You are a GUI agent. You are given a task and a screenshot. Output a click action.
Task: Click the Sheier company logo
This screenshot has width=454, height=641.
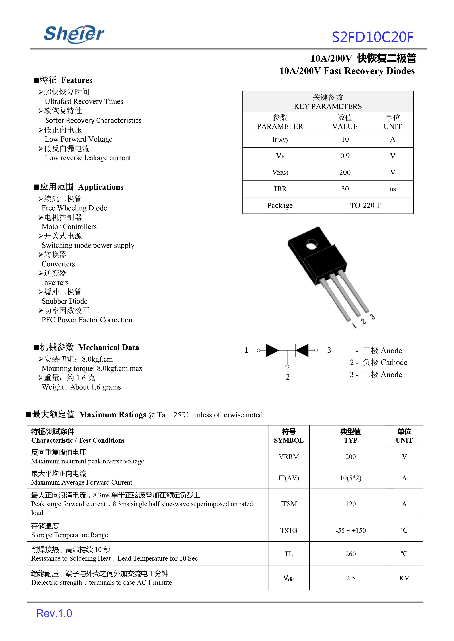pos(74,34)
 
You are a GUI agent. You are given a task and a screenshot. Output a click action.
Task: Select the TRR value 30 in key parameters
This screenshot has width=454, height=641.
pos(345,189)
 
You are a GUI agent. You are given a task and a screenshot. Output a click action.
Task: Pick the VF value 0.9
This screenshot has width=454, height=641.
pos(345,156)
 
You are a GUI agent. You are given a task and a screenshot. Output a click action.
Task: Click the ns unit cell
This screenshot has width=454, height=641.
pos(392,189)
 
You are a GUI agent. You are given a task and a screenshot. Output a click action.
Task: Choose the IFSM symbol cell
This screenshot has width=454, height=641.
pos(289,504)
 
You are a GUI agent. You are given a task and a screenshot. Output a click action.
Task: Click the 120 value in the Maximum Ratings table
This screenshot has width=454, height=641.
pos(350,504)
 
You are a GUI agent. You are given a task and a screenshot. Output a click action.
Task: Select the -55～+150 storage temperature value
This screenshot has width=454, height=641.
pos(350,530)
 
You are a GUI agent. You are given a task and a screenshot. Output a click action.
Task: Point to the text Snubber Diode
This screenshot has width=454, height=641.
pos(64,301)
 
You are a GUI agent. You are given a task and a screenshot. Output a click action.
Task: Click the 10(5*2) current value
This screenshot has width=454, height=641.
pos(350,478)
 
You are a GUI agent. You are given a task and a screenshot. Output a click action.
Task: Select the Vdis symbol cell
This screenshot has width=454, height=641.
pos(289,578)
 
